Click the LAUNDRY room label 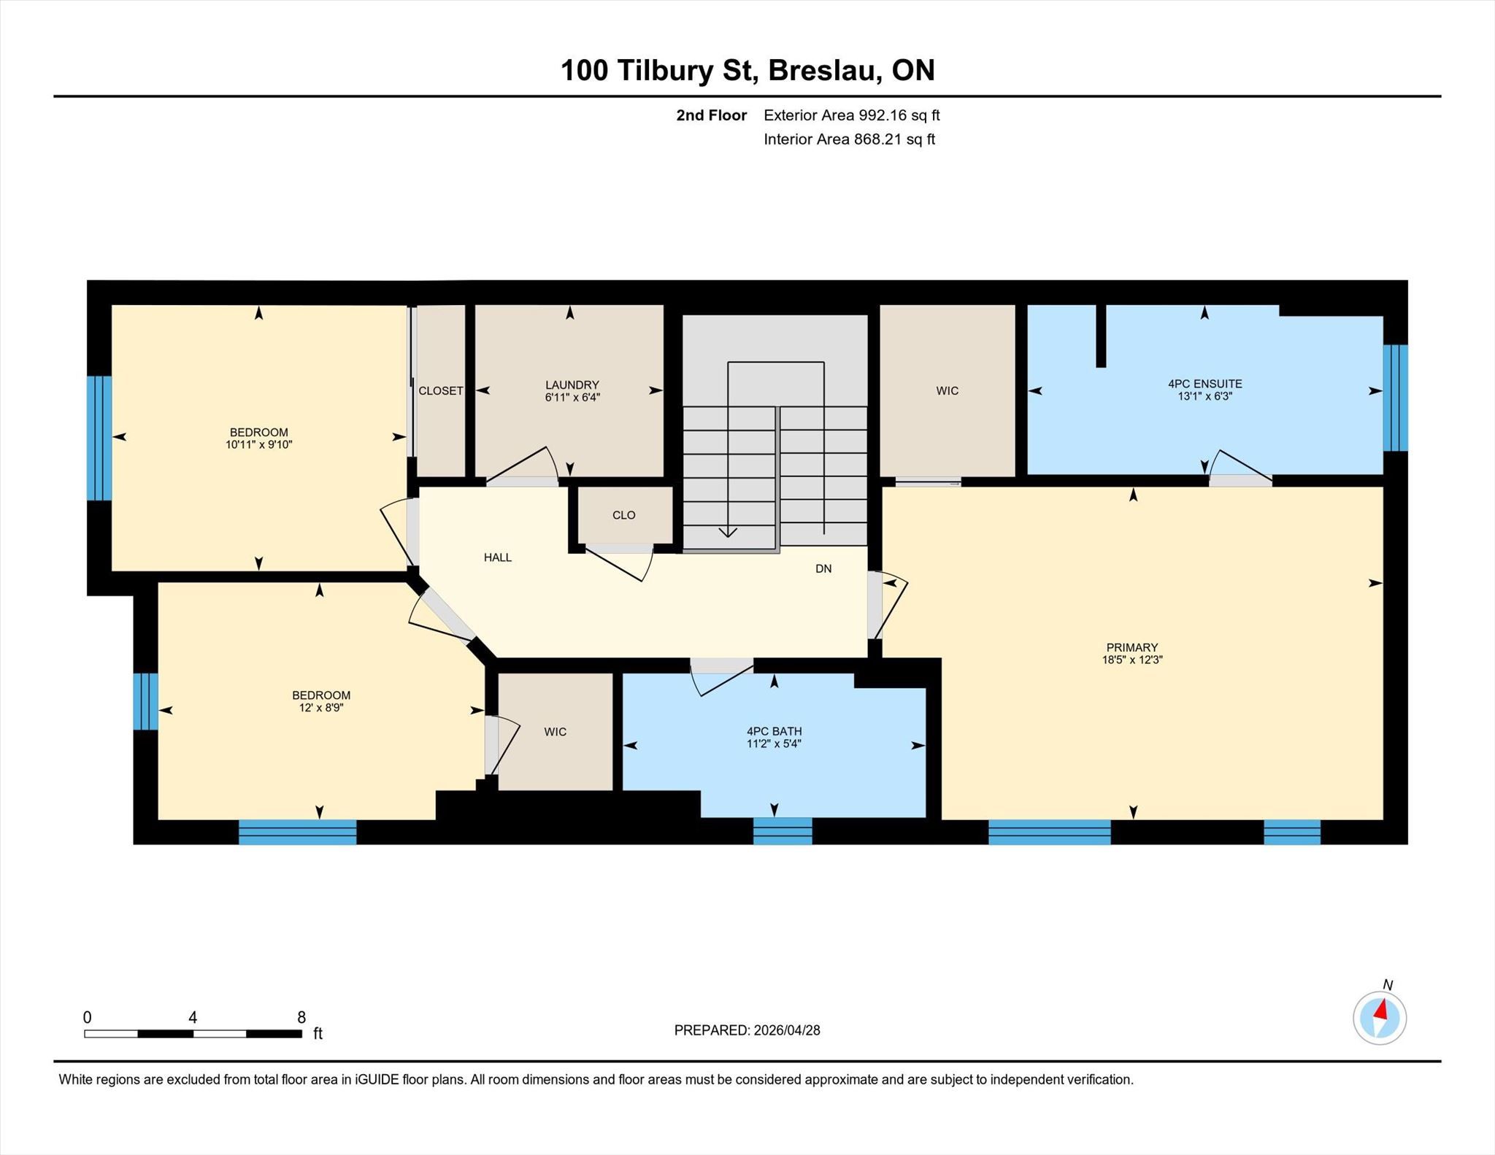click(x=572, y=385)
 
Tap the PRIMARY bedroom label click(x=1132, y=647)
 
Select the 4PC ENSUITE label click(x=1204, y=384)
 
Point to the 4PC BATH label click(x=774, y=731)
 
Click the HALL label click(x=498, y=557)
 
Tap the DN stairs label click(x=823, y=568)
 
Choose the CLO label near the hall click(x=624, y=515)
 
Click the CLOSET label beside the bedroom click(x=441, y=391)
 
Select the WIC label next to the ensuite click(x=948, y=391)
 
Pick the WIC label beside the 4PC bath click(x=556, y=732)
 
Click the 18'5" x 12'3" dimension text click(x=1132, y=660)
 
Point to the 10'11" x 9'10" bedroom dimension click(x=259, y=444)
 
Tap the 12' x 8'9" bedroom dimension click(x=321, y=708)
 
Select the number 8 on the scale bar click(x=301, y=1017)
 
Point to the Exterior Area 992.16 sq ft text click(x=852, y=115)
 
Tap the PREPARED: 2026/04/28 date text click(x=747, y=1030)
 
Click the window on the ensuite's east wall click(x=1395, y=398)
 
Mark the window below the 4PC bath click(x=783, y=831)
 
